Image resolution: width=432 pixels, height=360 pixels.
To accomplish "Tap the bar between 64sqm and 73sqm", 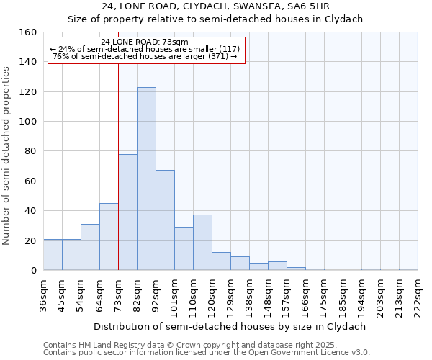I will pyautogui.click(x=109, y=237).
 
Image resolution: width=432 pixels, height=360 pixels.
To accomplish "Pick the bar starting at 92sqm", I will pyautogui.click(x=165, y=220).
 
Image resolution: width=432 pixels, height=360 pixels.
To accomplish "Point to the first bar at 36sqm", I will pyautogui.click(x=53, y=255).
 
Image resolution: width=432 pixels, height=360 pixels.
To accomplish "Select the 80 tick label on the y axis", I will pyautogui.click(x=30, y=151).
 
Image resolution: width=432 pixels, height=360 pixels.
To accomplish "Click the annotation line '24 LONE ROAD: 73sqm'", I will pyautogui.click(x=145, y=42).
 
